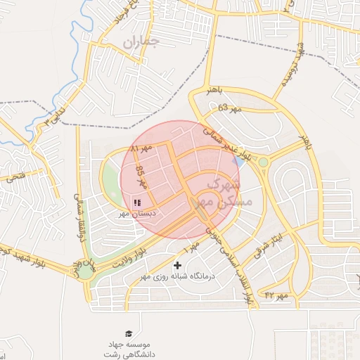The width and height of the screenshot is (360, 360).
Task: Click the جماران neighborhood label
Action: [x=141, y=42]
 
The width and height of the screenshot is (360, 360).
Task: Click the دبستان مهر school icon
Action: [x=136, y=202]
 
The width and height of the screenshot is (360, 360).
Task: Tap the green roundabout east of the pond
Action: [x=264, y=162]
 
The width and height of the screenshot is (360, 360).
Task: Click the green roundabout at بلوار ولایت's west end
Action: [x=86, y=271]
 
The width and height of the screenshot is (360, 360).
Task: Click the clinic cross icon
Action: [x=177, y=266]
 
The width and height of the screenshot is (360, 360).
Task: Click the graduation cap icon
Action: [x=128, y=333]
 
